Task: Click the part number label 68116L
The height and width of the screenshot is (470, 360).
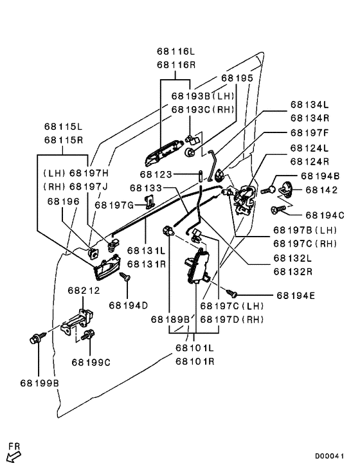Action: (175, 51)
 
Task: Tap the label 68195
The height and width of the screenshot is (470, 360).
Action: (237, 78)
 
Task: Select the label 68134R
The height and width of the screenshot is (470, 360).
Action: (310, 118)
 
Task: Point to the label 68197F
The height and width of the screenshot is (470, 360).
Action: (310, 132)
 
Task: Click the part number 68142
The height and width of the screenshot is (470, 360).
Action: (321, 190)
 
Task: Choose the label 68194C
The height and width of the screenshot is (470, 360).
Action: (325, 215)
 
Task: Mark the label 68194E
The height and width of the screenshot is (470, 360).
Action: (296, 296)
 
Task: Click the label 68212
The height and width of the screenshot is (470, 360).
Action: (84, 291)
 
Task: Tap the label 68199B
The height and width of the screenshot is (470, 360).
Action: (40, 383)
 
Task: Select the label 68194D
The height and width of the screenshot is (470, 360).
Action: (129, 305)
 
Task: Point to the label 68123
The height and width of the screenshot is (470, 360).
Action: (156, 174)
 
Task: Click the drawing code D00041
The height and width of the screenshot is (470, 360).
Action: (329, 456)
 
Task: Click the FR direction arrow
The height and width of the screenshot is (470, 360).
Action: (14, 457)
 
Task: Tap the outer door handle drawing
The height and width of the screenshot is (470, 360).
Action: (164, 153)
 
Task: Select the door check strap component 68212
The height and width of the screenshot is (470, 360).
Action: (77, 321)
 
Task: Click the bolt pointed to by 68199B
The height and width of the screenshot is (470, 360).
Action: (38, 338)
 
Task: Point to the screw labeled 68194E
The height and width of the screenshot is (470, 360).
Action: (231, 293)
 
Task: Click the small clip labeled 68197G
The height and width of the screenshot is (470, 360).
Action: (150, 202)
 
